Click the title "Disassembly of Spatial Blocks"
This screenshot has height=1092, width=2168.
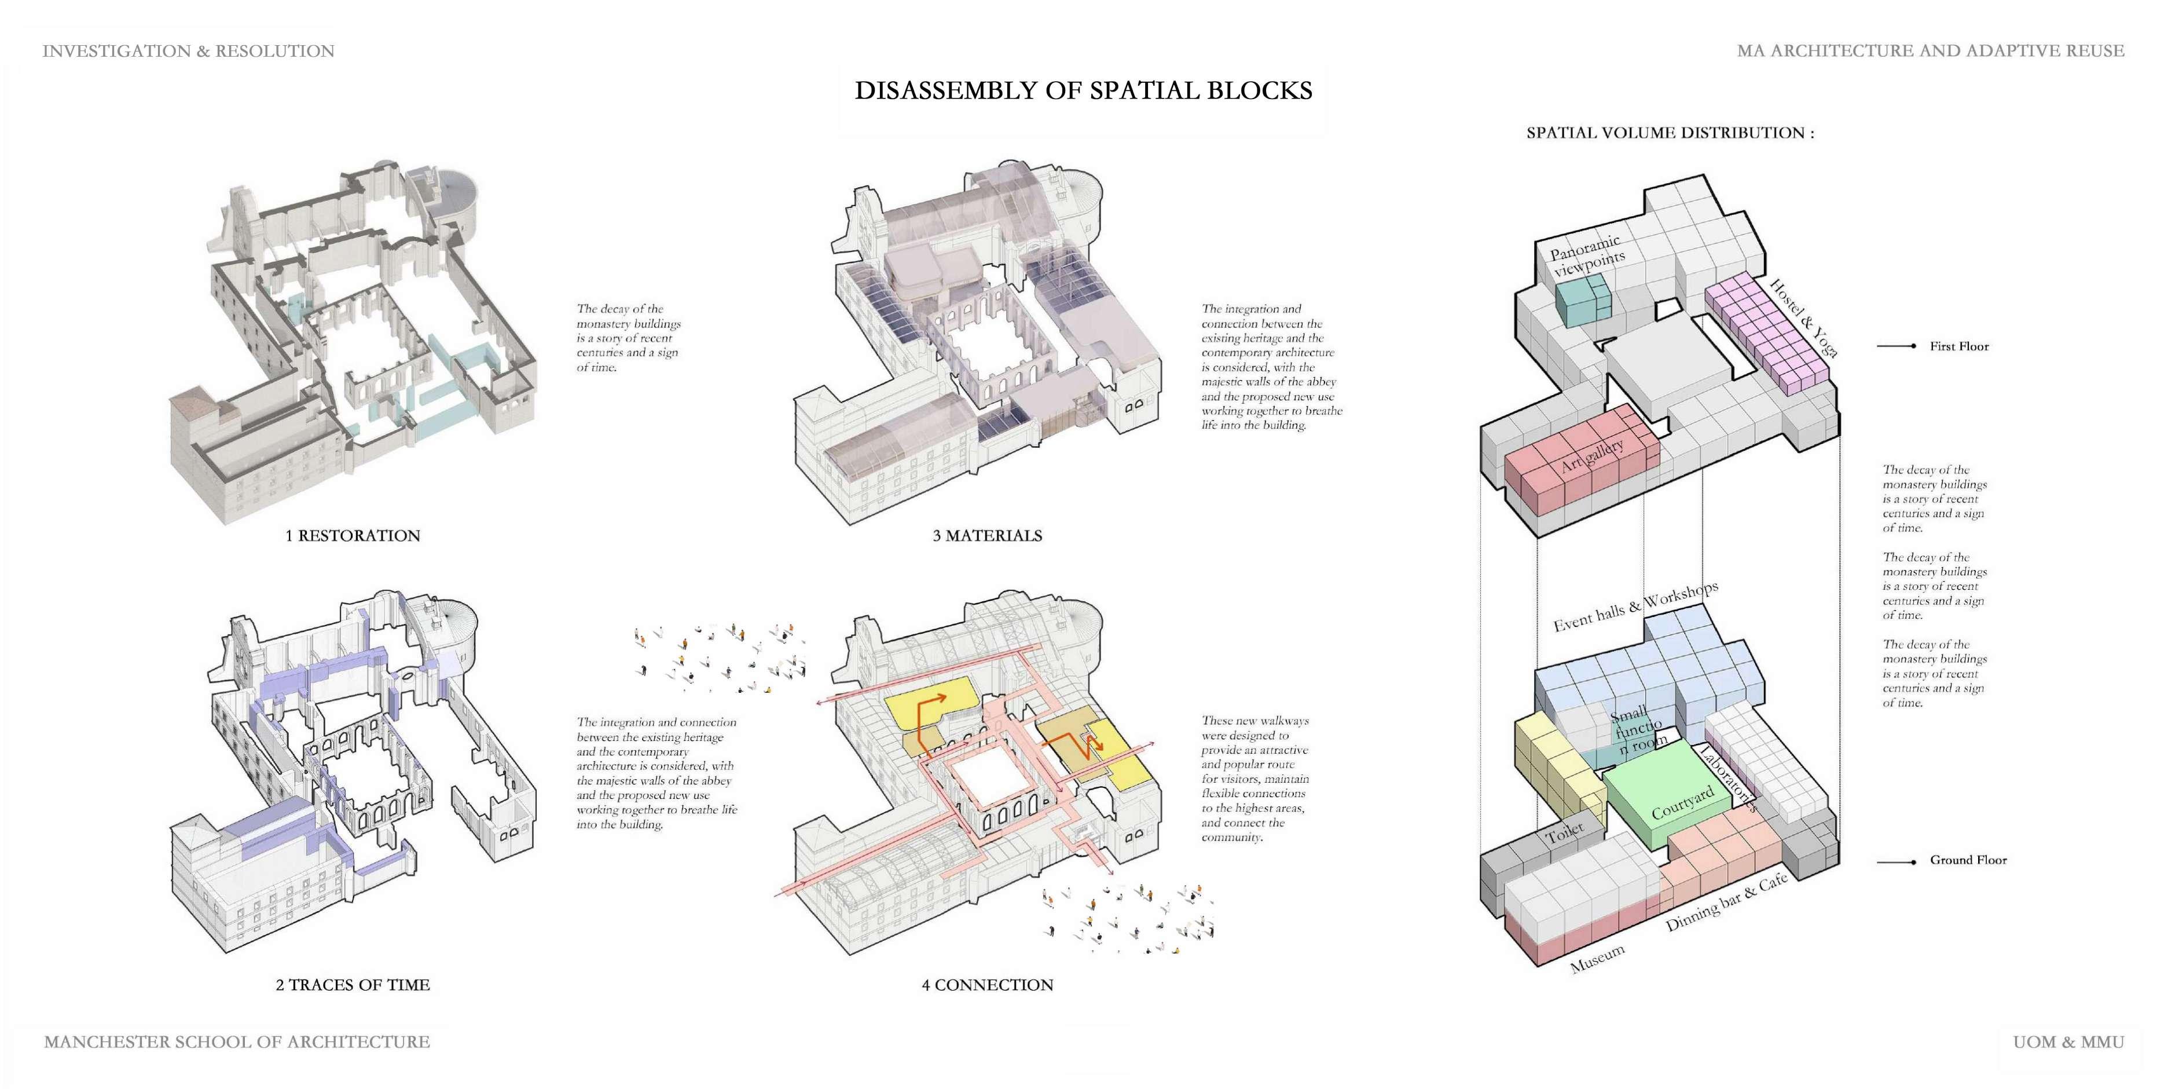[1083, 91]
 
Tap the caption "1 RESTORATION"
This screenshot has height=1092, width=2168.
[353, 535]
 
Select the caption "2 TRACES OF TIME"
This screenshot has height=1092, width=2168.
[353, 985]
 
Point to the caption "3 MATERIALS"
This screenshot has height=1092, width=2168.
[987, 535]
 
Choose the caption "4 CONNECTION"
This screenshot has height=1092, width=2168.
[987, 985]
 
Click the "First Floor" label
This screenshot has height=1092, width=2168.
[1959, 346]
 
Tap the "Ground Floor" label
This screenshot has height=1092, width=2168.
[1968, 860]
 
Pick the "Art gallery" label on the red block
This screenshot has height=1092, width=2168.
[1591, 456]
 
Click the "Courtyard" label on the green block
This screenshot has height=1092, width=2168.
[1682, 803]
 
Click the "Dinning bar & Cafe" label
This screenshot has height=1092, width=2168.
[1726, 903]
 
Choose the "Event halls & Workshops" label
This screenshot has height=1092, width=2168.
[1635, 607]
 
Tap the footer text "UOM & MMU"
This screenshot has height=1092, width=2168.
[2068, 1042]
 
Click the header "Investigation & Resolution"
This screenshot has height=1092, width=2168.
[189, 52]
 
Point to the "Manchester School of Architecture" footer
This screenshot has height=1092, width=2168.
[237, 1042]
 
